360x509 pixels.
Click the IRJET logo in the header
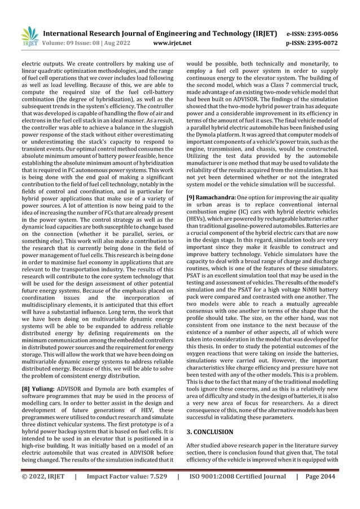coord(28,37)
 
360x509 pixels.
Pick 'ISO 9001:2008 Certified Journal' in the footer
coord(237,493)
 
